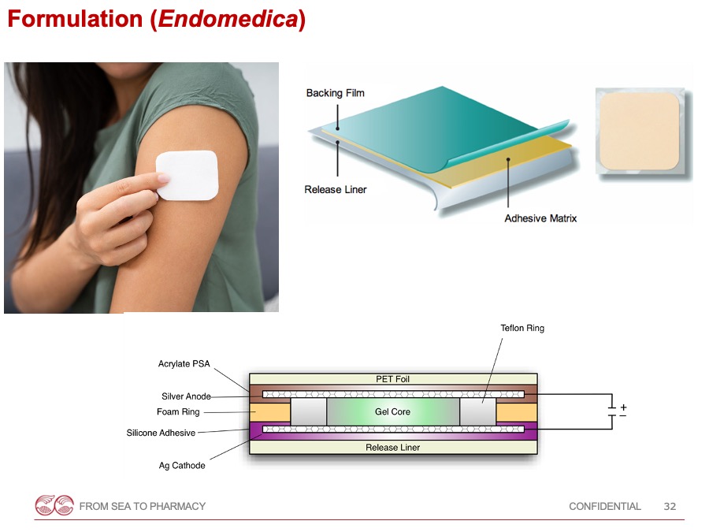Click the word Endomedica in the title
click(228, 19)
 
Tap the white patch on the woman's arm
click(187, 175)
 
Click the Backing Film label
click(335, 93)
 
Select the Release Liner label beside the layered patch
click(335, 189)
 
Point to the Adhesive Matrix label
click(540, 218)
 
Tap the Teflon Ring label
click(522, 328)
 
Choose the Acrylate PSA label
click(184, 363)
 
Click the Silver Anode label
click(186, 396)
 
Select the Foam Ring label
click(178, 411)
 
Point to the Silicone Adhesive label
click(161, 433)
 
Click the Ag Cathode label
click(182, 466)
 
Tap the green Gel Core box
click(392, 411)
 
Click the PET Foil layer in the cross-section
click(393, 379)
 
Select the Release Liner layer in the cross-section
click(393, 448)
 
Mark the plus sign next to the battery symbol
click(623, 407)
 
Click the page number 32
click(670, 506)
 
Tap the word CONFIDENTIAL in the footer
click(604, 506)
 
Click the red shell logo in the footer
click(54, 505)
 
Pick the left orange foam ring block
click(270, 412)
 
